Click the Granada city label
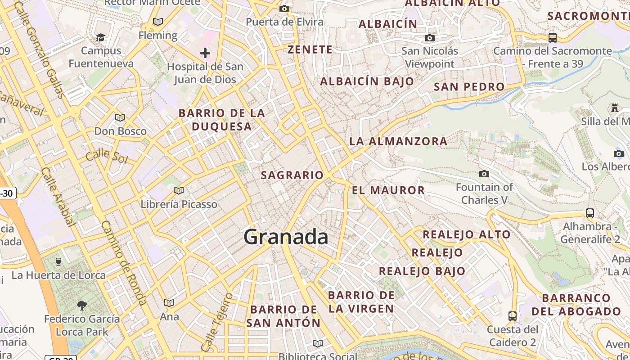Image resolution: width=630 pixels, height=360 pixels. [286, 237]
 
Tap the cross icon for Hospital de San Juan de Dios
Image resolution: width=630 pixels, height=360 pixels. [205, 54]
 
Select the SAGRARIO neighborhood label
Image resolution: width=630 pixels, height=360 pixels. [292, 175]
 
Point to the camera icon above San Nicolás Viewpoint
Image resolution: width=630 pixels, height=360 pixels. [430, 38]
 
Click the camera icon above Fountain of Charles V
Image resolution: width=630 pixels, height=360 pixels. [484, 174]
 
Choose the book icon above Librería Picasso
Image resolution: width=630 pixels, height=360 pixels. [179, 191]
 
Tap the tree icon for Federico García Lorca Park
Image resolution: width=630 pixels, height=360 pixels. [82, 306]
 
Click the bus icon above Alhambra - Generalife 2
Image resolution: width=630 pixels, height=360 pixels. [589, 213]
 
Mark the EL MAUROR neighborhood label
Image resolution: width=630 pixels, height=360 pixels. [388, 190]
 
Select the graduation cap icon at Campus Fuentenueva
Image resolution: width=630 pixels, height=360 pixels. [101, 37]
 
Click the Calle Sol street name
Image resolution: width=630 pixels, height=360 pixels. [107, 156]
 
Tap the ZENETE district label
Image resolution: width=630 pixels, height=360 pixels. [310, 49]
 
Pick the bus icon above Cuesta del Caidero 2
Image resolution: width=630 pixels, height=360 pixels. [512, 316]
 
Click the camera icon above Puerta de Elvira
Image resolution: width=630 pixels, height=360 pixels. [284, 9]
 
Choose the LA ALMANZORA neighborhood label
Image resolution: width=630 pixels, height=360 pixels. [398, 141]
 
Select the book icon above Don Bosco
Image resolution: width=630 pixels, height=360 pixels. [120, 118]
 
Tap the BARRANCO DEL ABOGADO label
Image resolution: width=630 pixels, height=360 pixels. [576, 305]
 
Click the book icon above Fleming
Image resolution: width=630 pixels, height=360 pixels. [158, 22]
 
